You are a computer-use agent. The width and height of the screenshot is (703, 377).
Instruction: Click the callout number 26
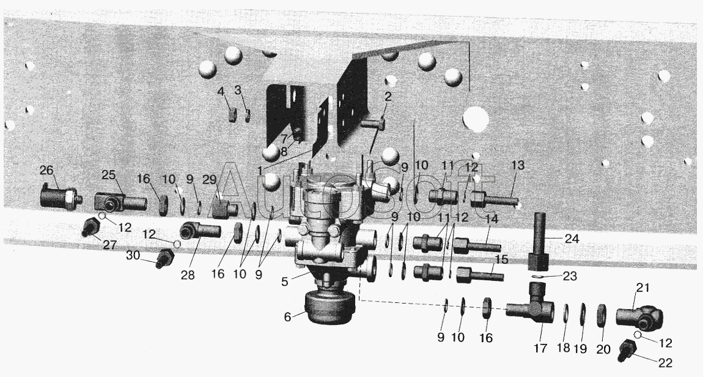[x=46, y=171]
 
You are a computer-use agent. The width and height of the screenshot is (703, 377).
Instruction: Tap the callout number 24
[x=572, y=239]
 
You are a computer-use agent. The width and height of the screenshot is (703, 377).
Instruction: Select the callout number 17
[x=540, y=348]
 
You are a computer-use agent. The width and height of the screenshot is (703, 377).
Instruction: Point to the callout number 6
[x=287, y=317]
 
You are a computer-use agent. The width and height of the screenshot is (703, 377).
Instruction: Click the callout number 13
[x=517, y=165]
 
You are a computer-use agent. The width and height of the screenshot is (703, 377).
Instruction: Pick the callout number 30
[x=133, y=255]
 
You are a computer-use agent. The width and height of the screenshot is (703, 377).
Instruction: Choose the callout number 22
[x=666, y=362]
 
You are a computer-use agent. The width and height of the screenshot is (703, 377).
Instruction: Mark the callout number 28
[x=188, y=275]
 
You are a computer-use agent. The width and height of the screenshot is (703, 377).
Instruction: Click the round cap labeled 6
[x=330, y=307]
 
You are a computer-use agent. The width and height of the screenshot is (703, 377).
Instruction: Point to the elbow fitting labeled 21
[x=639, y=317]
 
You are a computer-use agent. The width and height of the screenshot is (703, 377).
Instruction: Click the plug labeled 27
[x=90, y=227]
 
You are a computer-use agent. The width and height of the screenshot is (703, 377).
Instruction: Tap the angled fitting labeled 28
[x=200, y=230]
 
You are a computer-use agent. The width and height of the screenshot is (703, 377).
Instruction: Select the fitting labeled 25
[x=120, y=202]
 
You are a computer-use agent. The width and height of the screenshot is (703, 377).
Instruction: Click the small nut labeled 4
[x=232, y=115]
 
